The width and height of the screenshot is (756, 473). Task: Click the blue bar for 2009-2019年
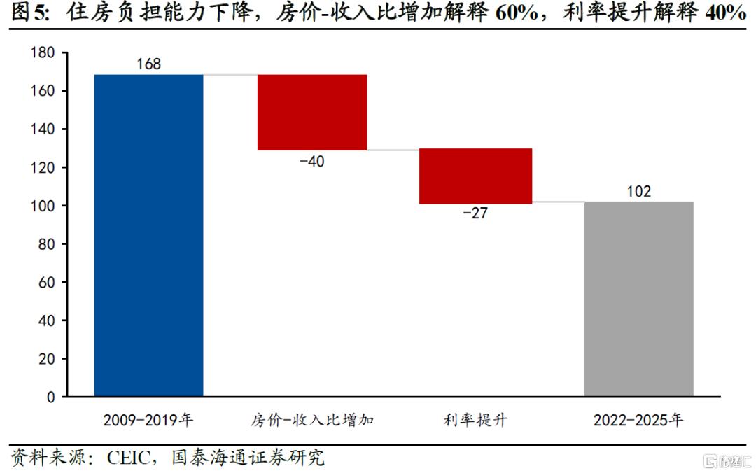tap(148, 235)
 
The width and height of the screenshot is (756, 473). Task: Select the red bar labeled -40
tap(312, 112)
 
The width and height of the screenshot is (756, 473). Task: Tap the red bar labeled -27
tap(475, 176)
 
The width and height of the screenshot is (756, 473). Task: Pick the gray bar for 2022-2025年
tap(638, 299)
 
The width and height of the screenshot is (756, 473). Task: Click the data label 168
tap(148, 64)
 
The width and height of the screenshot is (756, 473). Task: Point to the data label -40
tap(312, 161)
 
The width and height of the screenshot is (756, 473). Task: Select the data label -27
tap(475, 213)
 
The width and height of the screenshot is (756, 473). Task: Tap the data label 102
tap(638, 191)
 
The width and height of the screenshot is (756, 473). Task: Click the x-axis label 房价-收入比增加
tap(312, 421)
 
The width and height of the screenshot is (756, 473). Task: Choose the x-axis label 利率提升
tap(475, 421)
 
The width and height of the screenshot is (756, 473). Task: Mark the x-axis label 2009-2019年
tap(148, 421)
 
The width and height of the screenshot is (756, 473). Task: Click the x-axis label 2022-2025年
tap(638, 421)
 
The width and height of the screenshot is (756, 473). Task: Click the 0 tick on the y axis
tap(50, 397)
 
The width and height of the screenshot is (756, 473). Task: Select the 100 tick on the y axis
tap(43, 206)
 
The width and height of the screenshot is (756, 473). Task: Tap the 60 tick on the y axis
tap(46, 282)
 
